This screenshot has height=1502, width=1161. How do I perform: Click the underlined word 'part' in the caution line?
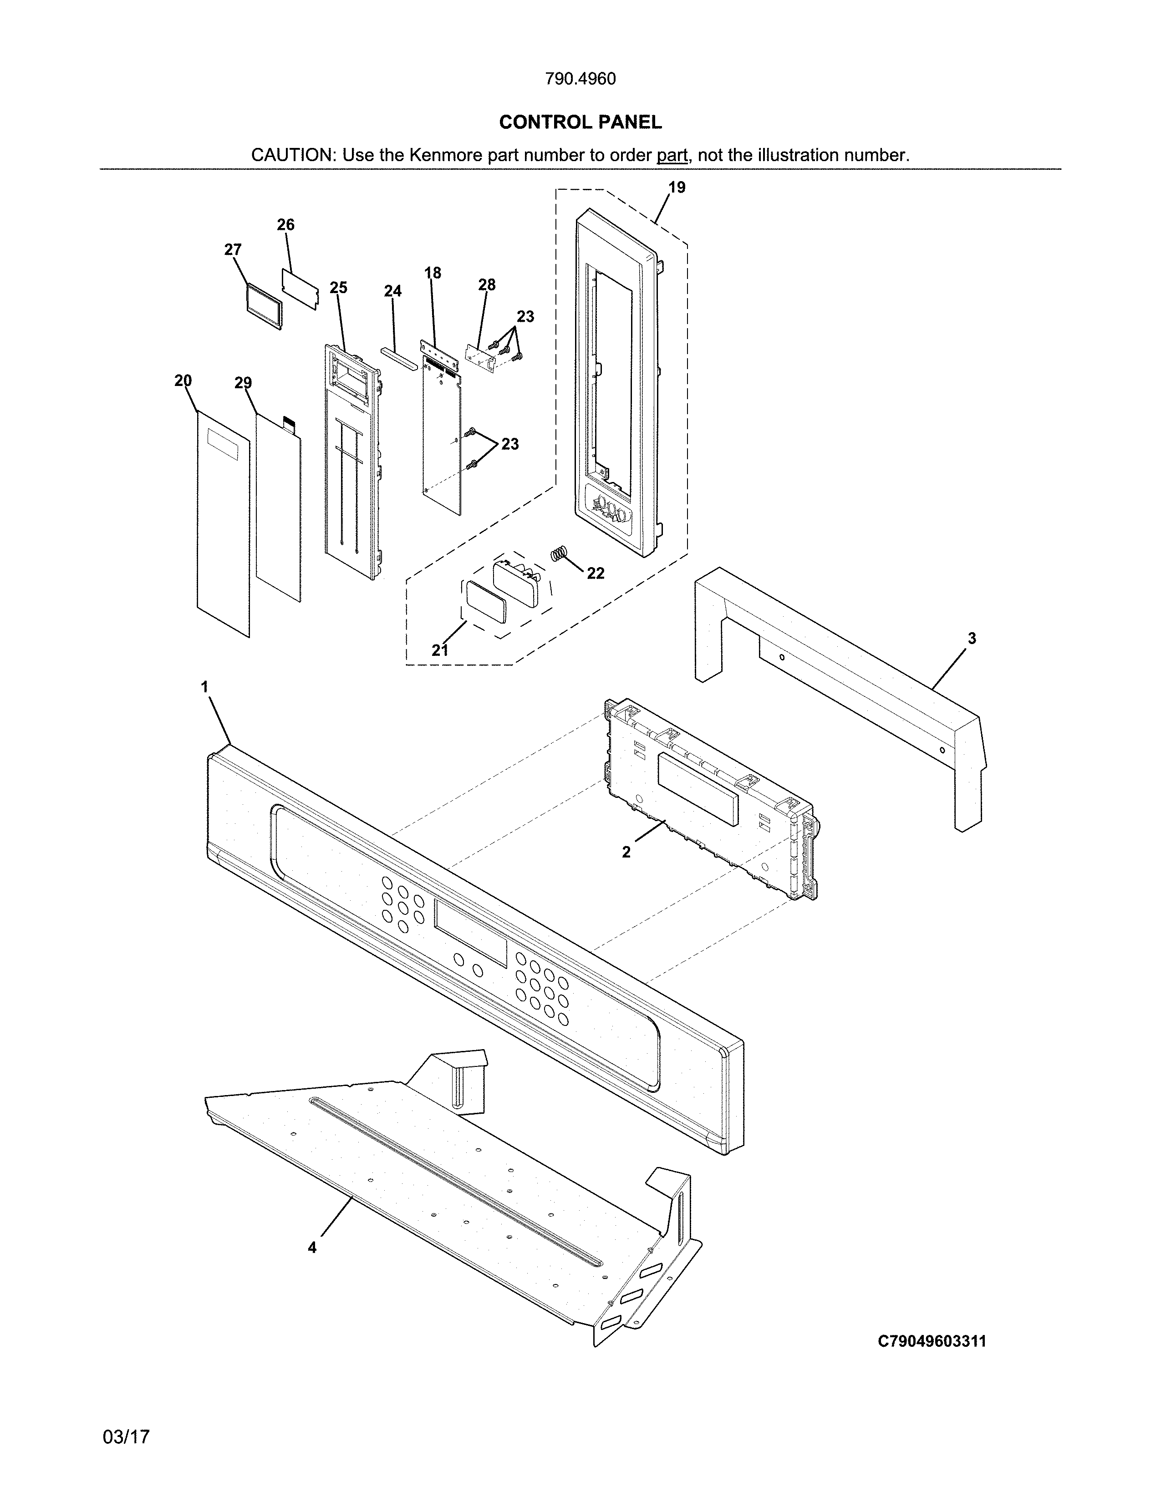(x=672, y=155)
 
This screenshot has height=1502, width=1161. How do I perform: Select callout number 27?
(x=233, y=249)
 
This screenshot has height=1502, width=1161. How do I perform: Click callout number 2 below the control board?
(x=626, y=852)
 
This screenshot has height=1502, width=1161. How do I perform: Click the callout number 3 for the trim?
(x=972, y=638)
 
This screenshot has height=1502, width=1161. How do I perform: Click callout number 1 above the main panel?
(x=204, y=686)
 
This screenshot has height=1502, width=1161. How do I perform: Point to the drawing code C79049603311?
(x=932, y=1341)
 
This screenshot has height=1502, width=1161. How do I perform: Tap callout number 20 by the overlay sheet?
(x=183, y=381)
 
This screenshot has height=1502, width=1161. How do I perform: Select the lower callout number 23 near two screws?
(x=509, y=444)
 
